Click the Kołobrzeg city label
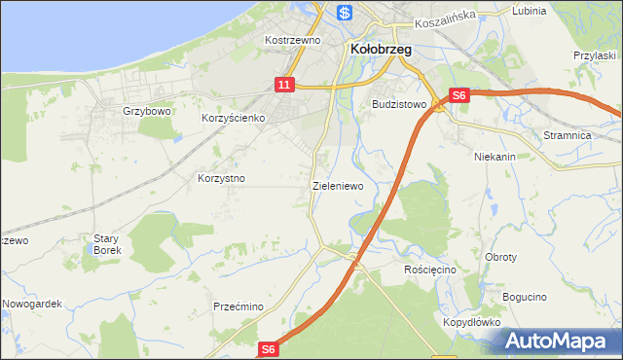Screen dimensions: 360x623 pyautogui.click(x=379, y=48)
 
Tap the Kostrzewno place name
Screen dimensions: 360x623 pyautogui.click(x=292, y=41)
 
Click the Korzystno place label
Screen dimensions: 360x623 pyautogui.click(x=221, y=179)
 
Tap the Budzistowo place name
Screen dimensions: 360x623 pyautogui.click(x=399, y=103)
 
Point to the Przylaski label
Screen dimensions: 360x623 pyautogui.click(x=596, y=55)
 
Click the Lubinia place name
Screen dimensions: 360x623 pyautogui.click(x=529, y=12)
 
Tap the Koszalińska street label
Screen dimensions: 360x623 pyautogui.click(x=443, y=16)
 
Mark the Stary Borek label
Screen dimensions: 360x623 pyautogui.click(x=106, y=244)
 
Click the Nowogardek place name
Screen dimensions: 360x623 pyautogui.click(x=32, y=304)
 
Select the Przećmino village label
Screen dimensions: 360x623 pyautogui.click(x=238, y=306)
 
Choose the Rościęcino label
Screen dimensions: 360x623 pyautogui.click(x=429, y=269)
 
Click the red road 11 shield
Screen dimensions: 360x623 pyautogui.click(x=283, y=86)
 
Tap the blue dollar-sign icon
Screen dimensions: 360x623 pyautogui.click(x=344, y=13)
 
